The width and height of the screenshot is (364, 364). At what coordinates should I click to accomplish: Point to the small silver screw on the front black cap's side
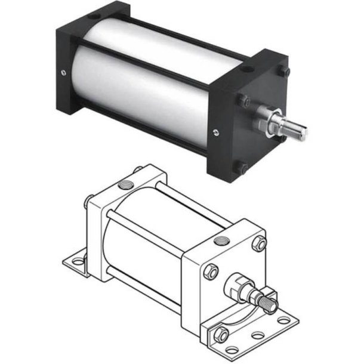pos(215,132)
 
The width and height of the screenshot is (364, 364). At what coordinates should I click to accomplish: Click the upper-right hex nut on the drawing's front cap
pos(260,243)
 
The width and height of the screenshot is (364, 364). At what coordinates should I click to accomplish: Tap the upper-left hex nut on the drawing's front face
pos(211,272)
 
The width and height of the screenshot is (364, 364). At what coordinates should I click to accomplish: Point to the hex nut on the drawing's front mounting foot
pos(220,335)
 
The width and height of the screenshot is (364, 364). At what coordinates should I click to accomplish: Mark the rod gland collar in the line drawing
pos(242,285)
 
